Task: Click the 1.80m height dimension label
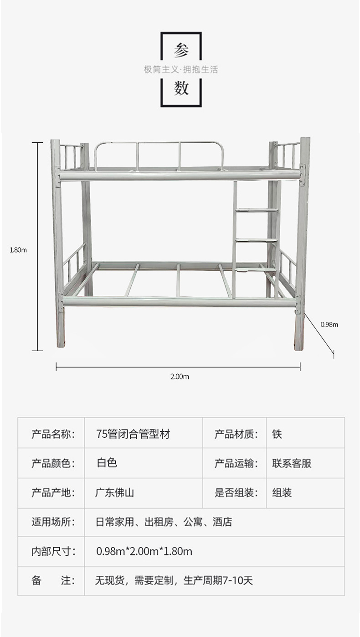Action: (18, 250)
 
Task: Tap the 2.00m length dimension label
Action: (180, 377)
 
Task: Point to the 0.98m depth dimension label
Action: (329, 325)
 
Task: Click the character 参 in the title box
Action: (181, 50)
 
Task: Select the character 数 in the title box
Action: (181, 88)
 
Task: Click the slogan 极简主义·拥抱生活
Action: (181, 70)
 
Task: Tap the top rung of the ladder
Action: (257, 210)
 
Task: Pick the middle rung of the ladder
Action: (257, 240)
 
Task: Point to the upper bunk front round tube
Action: (180, 176)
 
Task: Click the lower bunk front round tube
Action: (180, 301)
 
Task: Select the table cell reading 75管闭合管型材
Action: (133, 434)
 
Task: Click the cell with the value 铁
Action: (277, 434)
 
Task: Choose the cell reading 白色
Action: (107, 463)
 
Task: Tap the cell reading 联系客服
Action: (292, 463)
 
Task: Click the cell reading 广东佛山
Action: (114, 492)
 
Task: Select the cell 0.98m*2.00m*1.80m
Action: (144, 551)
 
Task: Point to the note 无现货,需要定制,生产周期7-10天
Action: (174, 580)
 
